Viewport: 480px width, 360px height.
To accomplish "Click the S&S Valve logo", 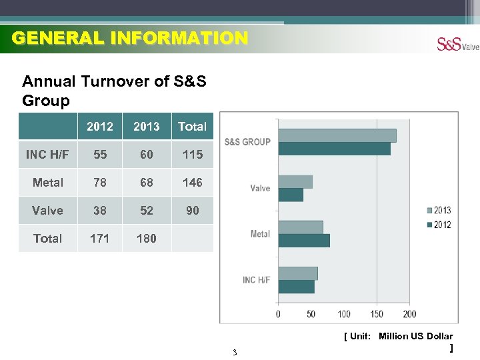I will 457,44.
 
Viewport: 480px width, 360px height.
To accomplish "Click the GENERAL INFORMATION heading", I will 130,38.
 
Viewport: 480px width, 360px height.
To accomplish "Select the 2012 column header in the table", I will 100,126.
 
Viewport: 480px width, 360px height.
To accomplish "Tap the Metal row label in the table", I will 48,182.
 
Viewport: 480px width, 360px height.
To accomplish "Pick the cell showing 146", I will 193,182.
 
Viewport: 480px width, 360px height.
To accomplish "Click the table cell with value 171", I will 100,238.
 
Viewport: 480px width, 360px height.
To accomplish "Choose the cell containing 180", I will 147,238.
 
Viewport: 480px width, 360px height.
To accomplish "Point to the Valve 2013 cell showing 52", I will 147,210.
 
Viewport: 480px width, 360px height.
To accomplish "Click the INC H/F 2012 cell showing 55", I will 100,154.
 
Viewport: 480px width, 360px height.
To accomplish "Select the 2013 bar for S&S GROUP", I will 337,135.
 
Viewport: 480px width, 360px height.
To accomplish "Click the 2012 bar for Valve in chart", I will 291,195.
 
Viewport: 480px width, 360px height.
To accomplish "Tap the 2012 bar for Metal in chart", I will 304,241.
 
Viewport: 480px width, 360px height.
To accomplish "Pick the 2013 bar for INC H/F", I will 298,273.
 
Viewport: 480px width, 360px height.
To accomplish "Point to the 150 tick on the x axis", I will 377,314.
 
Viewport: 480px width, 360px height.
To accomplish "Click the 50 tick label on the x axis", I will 311,314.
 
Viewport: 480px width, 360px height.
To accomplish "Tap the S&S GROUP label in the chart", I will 247,141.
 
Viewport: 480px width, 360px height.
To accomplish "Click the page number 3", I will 235,352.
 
